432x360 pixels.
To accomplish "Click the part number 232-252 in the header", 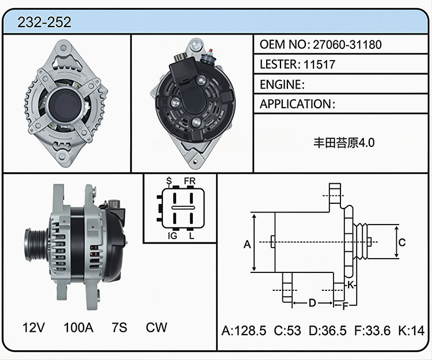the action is [44, 22].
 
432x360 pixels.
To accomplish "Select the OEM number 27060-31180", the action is [347, 44].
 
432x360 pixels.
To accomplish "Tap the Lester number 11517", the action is [319, 65].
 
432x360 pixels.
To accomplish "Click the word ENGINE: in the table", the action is [282, 84].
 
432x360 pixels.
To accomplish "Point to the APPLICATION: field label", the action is [298, 104].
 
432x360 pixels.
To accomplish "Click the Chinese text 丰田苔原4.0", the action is [344, 143].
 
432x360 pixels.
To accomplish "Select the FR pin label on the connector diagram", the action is [190, 181].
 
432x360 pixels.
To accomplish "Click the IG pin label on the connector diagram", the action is [172, 236].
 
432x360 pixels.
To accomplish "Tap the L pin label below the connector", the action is [191, 236].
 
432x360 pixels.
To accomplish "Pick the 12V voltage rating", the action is [33, 328].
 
